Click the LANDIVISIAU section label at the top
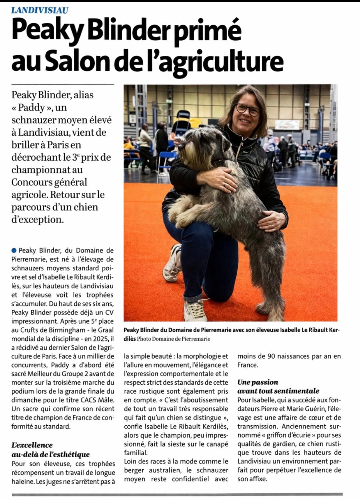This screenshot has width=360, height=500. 40,10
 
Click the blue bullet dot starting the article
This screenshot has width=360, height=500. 14,250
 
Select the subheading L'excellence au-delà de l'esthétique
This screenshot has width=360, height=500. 50,449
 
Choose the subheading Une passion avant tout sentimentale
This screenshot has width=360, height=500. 278,386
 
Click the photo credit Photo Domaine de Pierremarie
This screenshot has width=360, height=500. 173,339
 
